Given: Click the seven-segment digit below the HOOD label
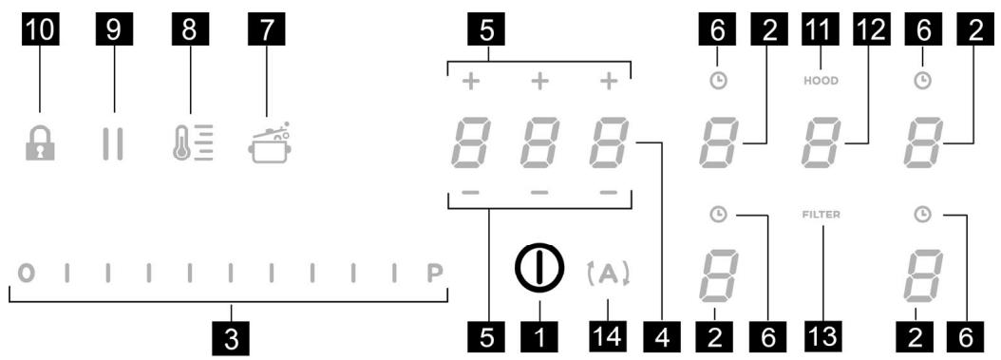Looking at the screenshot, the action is [821, 144].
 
